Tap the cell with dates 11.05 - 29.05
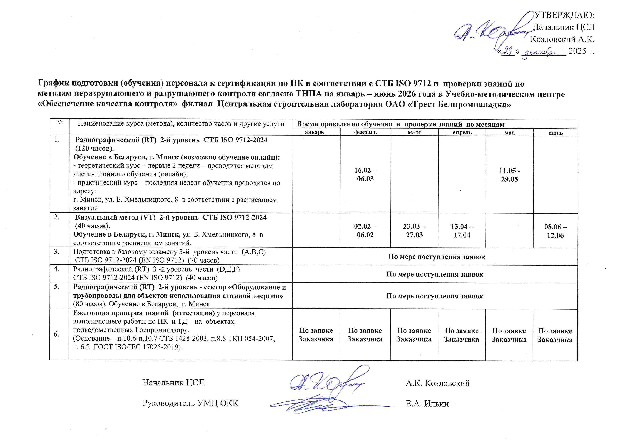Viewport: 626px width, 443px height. (x=509, y=175)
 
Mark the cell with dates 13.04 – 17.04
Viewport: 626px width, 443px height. (x=462, y=230)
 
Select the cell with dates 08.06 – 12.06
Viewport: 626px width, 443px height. (x=555, y=231)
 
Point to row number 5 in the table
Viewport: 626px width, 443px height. (x=56, y=287)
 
